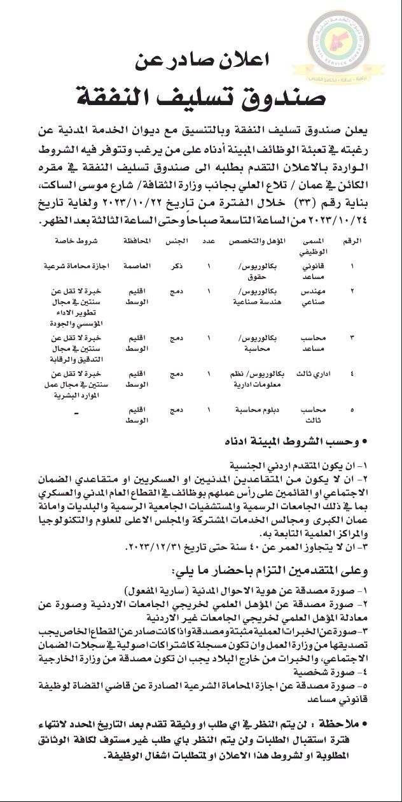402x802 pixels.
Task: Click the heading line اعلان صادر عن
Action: (x=202, y=62)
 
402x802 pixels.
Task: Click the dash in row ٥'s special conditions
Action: (x=76, y=415)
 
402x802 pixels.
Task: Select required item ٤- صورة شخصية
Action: (x=328, y=672)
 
